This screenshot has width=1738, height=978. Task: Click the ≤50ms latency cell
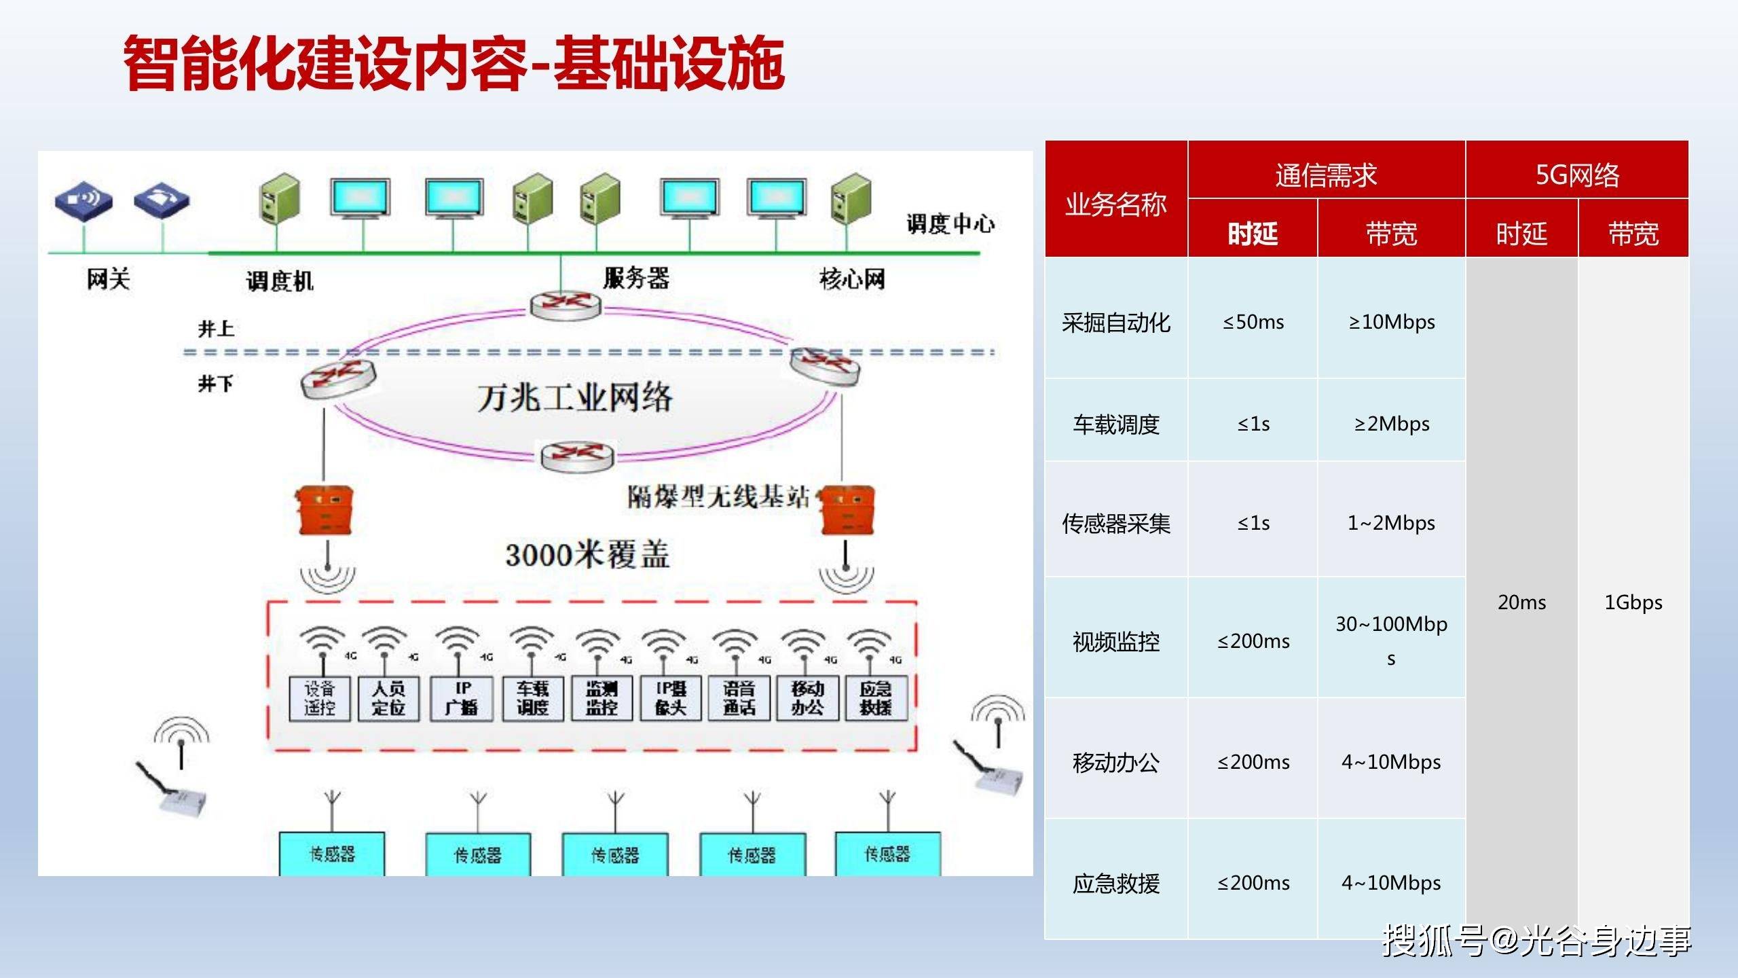1253,322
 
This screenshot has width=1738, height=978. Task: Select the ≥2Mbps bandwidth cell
1391,424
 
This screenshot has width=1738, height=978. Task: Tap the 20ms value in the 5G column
1521,602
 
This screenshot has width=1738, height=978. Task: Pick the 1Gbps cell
1633,602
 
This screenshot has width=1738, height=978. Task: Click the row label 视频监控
1115,641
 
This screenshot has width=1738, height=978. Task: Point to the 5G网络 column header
1576,175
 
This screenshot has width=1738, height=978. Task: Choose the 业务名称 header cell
1115,204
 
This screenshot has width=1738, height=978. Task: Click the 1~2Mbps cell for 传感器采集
1391,523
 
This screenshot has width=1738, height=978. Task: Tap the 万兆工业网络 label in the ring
574,398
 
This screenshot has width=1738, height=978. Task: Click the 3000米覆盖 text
587,555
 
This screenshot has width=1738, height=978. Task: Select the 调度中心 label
950,223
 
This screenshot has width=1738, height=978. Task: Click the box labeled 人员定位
388,698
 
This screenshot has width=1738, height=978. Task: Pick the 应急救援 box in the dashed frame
876,698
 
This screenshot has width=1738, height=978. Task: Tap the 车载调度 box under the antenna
532,698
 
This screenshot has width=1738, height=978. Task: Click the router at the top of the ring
565,306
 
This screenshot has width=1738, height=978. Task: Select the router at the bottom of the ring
577,455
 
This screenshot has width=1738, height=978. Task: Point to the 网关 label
108,278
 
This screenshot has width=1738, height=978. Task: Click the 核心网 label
852,278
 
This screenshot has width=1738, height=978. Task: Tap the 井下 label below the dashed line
215,384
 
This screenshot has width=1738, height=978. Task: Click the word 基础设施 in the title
669,63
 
